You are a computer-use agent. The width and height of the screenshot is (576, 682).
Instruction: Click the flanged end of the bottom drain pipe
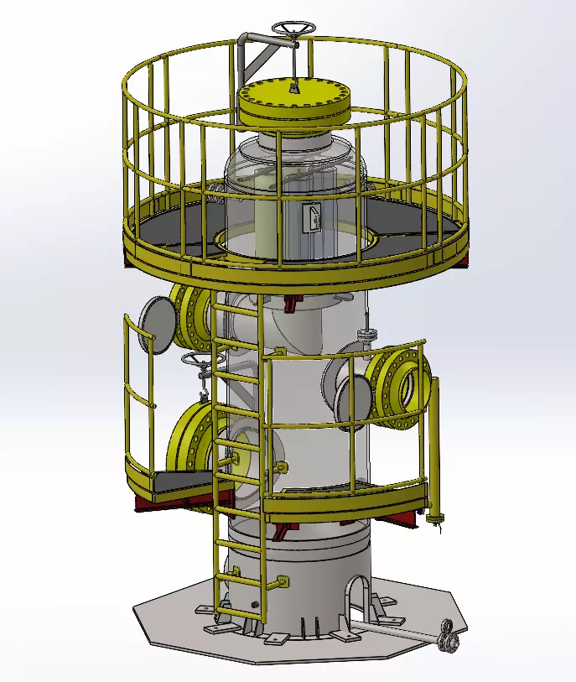(x=450, y=635)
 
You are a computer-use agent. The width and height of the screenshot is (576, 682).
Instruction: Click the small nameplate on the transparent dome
(x=310, y=218)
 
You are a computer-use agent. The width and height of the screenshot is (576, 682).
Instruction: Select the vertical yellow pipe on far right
(x=434, y=445)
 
